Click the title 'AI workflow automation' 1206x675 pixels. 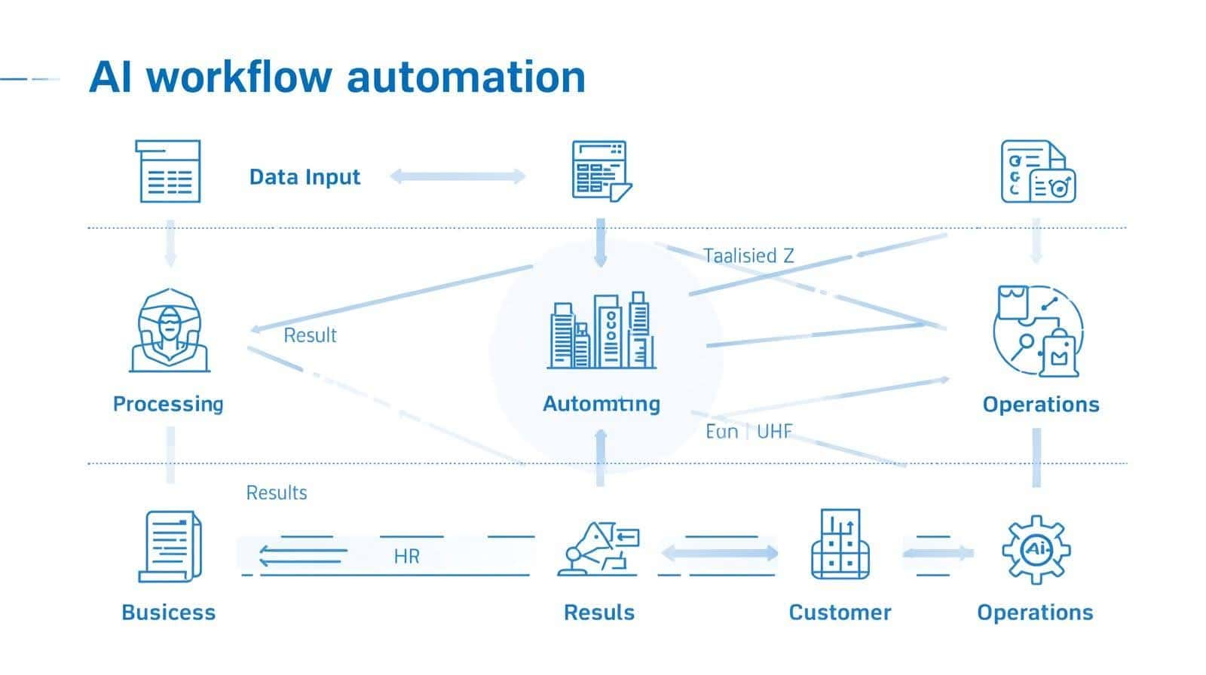(x=337, y=77)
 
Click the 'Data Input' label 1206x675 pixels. (x=305, y=177)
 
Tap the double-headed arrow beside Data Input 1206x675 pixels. (x=458, y=177)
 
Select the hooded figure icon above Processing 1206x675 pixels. (x=170, y=331)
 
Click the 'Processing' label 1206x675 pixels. (x=168, y=404)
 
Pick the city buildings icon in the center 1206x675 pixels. (x=601, y=331)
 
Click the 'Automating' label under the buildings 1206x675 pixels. (x=601, y=404)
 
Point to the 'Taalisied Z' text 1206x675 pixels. (x=748, y=256)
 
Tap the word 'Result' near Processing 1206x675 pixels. (x=310, y=335)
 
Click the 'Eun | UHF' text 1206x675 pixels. (x=748, y=432)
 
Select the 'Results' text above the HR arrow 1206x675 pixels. (x=277, y=493)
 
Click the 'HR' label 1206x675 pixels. (x=406, y=557)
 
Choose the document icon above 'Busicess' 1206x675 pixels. (x=170, y=546)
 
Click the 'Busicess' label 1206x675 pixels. (x=168, y=612)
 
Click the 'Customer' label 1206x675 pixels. (x=840, y=612)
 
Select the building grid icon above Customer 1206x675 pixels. (x=840, y=545)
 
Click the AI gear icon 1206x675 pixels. (x=1036, y=550)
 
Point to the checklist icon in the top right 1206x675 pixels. (x=1037, y=172)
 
